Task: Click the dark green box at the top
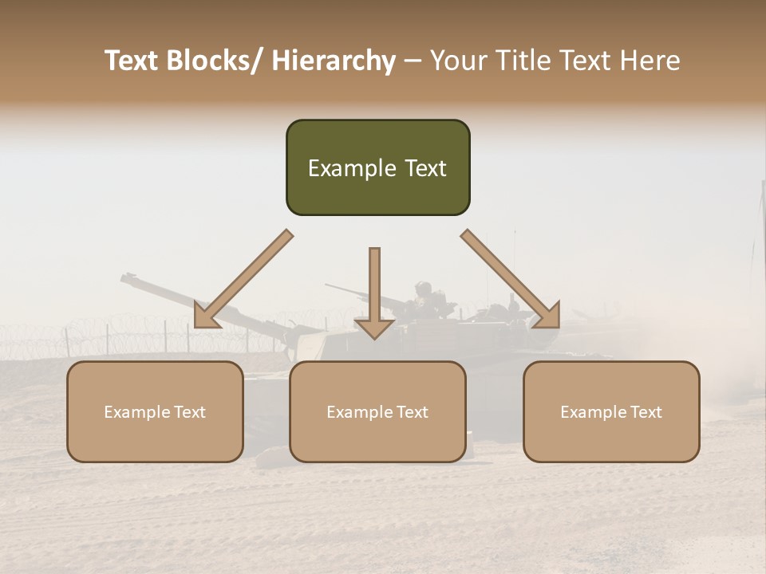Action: pyautogui.click(x=377, y=167)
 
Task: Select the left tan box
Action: pyautogui.click(x=155, y=411)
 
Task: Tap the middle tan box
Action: pyautogui.click(x=377, y=411)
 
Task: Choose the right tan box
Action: pyautogui.click(x=611, y=411)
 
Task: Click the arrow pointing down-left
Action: pyautogui.click(x=243, y=280)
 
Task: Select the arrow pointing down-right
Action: pyautogui.click(x=511, y=279)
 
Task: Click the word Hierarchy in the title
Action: pyautogui.click(x=333, y=61)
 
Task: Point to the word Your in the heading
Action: pyautogui.click(x=456, y=61)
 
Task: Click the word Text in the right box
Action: pyautogui.click(x=644, y=412)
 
